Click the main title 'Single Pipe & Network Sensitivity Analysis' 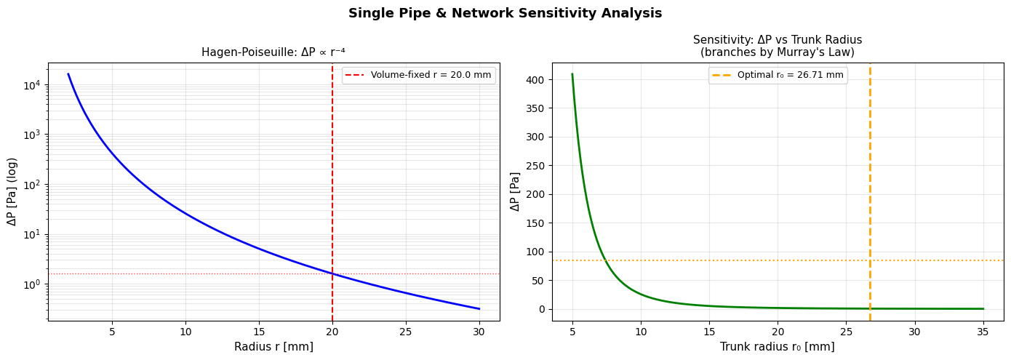(x=505, y=13)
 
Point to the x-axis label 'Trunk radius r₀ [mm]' (x=777, y=347)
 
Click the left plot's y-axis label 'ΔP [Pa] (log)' (x=12, y=191)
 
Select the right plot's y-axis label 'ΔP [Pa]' (x=516, y=191)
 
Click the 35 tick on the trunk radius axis (x=983, y=332)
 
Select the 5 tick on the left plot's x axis (x=112, y=332)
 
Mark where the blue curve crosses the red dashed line (x=332, y=273)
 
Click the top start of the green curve (x=572, y=74)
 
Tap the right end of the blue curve (x=479, y=309)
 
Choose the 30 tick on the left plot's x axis (x=479, y=332)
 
